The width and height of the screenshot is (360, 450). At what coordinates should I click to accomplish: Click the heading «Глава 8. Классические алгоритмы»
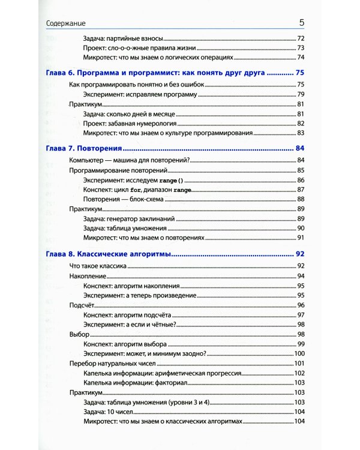(x=109, y=254)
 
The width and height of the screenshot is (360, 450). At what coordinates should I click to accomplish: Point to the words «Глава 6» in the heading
(x=61, y=73)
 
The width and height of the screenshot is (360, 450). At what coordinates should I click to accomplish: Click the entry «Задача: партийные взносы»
(x=121, y=38)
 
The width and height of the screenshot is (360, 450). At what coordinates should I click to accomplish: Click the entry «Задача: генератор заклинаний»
(x=127, y=218)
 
